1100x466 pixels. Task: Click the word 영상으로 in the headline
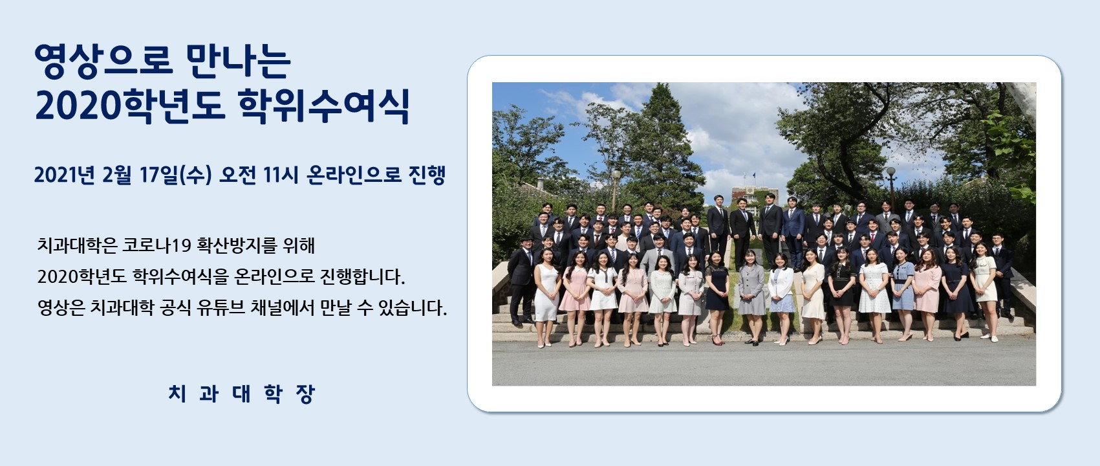103,61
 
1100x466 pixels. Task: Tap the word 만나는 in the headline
239,61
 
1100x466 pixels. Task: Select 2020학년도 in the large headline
130,105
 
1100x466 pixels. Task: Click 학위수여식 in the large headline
324,105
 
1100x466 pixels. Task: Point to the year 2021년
64,175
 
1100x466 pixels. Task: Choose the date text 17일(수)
175,175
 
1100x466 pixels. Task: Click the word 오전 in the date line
237,175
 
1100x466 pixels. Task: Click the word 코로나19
156,245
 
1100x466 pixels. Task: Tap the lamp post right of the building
890,189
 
